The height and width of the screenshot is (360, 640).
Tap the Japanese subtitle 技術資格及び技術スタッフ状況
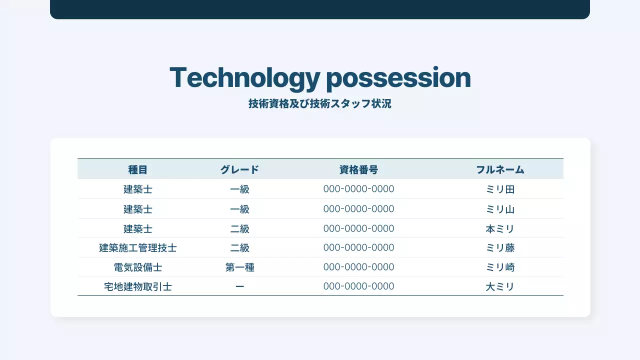click(319, 104)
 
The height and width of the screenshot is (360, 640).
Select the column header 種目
click(138, 170)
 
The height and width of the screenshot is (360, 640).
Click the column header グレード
click(240, 170)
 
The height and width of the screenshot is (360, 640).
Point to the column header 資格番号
click(358, 170)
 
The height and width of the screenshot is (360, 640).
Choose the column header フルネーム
click(500, 170)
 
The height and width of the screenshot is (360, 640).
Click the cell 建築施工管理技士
click(138, 248)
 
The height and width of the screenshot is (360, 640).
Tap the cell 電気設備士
click(138, 267)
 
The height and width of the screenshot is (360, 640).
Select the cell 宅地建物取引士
click(138, 287)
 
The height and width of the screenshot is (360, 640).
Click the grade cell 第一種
click(240, 267)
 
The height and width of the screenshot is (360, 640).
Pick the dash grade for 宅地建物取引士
click(240, 287)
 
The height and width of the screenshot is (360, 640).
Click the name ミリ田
click(500, 189)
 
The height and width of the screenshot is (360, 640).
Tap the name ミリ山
click(500, 209)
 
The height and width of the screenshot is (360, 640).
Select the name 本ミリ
click(500, 229)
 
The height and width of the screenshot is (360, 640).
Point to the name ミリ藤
click(500, 248)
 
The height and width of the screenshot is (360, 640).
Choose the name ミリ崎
click(500, 267)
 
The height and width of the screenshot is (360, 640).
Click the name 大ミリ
click(500, 287)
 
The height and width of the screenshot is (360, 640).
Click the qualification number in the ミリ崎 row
click(358, 267)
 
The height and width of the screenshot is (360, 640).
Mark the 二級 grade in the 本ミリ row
click(240, 229)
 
